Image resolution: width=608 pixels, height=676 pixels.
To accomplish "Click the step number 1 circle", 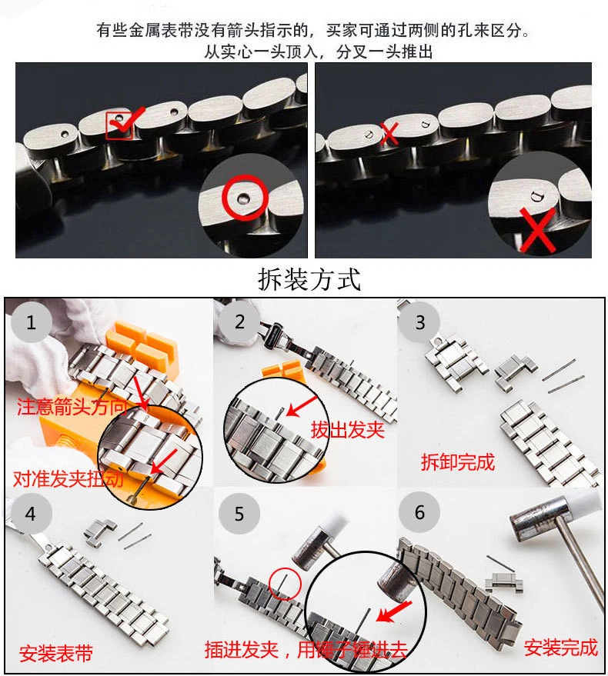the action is [31, 322].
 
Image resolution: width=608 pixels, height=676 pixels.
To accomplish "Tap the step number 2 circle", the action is [239, 321].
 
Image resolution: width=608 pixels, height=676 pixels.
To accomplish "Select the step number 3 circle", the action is [419, 322].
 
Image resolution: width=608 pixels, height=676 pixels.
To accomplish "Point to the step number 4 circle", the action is [31, 514].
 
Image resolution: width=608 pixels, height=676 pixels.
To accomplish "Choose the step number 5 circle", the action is [239, 514].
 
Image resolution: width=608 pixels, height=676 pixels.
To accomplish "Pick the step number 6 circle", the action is [419, 512].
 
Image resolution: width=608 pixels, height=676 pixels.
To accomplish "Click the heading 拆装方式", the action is [309, 279].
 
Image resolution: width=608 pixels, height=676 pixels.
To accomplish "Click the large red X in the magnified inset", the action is [537, 230].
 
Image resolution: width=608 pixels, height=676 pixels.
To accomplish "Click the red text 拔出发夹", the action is [347, 429].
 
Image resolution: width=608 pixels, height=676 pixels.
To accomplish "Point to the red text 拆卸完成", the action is [458, 462].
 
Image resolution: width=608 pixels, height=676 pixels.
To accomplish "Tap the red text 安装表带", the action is [56, 654].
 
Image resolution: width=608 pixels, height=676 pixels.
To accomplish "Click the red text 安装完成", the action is [560, 648].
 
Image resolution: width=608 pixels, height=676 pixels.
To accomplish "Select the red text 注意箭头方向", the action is [72, 407].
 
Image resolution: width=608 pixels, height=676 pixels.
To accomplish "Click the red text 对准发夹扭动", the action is [68, 478].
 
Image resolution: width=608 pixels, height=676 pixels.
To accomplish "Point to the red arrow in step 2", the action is [302, 406].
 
